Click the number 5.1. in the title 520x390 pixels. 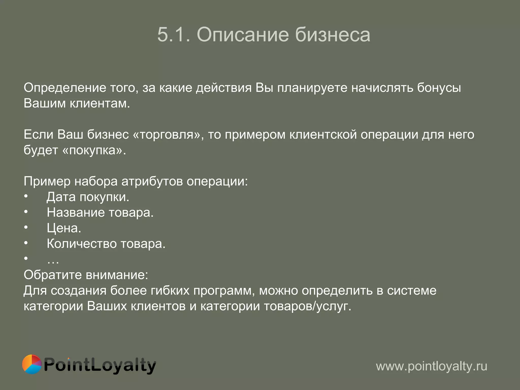click(174, 35)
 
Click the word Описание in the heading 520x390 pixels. click(243, 35)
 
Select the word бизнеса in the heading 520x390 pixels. click(332, 35)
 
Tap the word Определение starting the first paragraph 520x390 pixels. click(65, 88)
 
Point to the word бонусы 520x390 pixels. click(439, 88)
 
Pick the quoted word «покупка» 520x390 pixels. click(94, 150)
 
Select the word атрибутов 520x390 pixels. click(152, 181)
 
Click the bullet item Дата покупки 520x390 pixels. click(88, 197)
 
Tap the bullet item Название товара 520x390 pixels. click(100, 213)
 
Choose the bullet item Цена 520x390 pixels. click(64, 228)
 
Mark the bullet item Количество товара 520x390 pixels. click(106, 244)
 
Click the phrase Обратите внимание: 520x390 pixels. click(86, 275)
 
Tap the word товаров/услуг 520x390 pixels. click(307, 306)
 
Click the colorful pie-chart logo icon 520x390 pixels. click(32, 364)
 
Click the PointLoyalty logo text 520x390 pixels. click(100, 366)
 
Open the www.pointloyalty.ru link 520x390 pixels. click(431, 366)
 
